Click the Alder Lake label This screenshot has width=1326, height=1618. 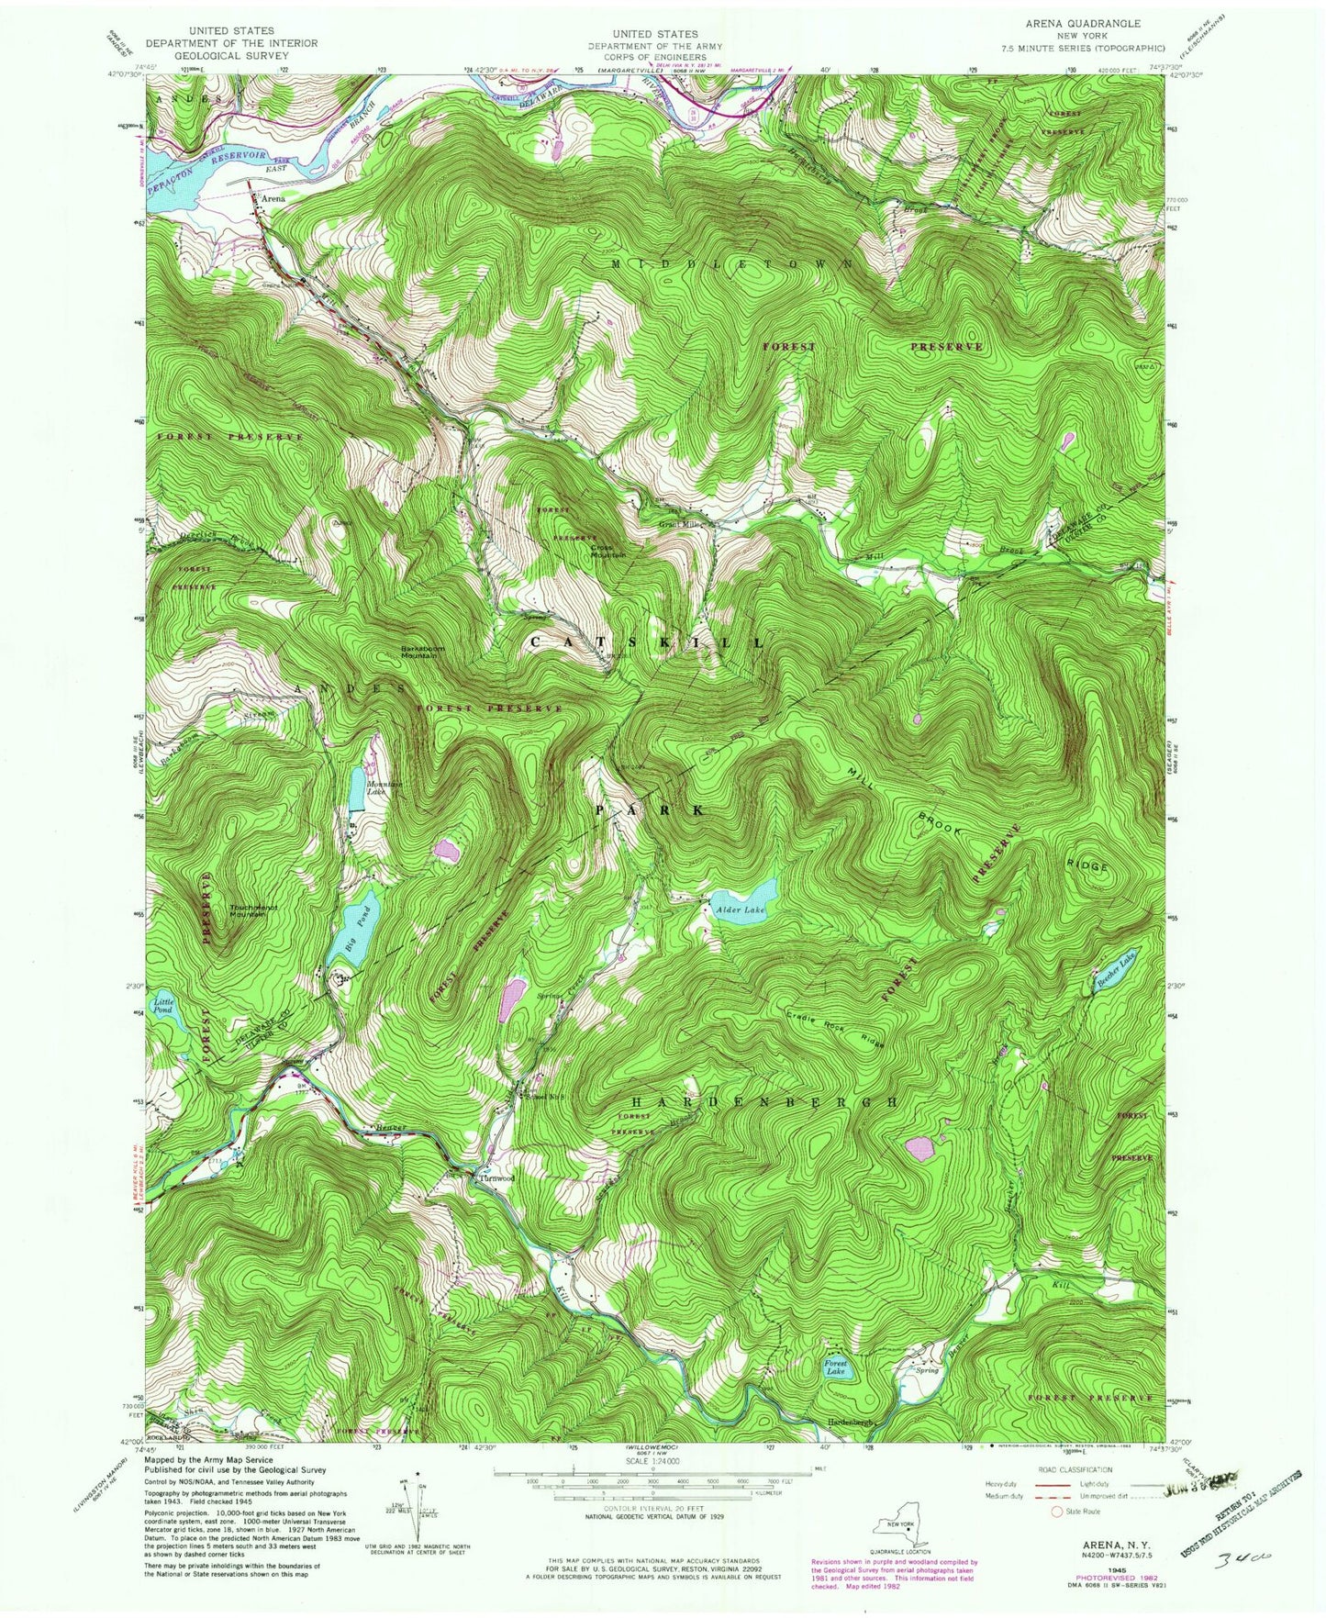point(740,909)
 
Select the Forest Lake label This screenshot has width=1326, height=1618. point(835,1367)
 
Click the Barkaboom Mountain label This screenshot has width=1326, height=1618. point(422,652)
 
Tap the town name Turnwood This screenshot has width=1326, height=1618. point(494,1178)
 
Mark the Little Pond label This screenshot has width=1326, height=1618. point(164,1005)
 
